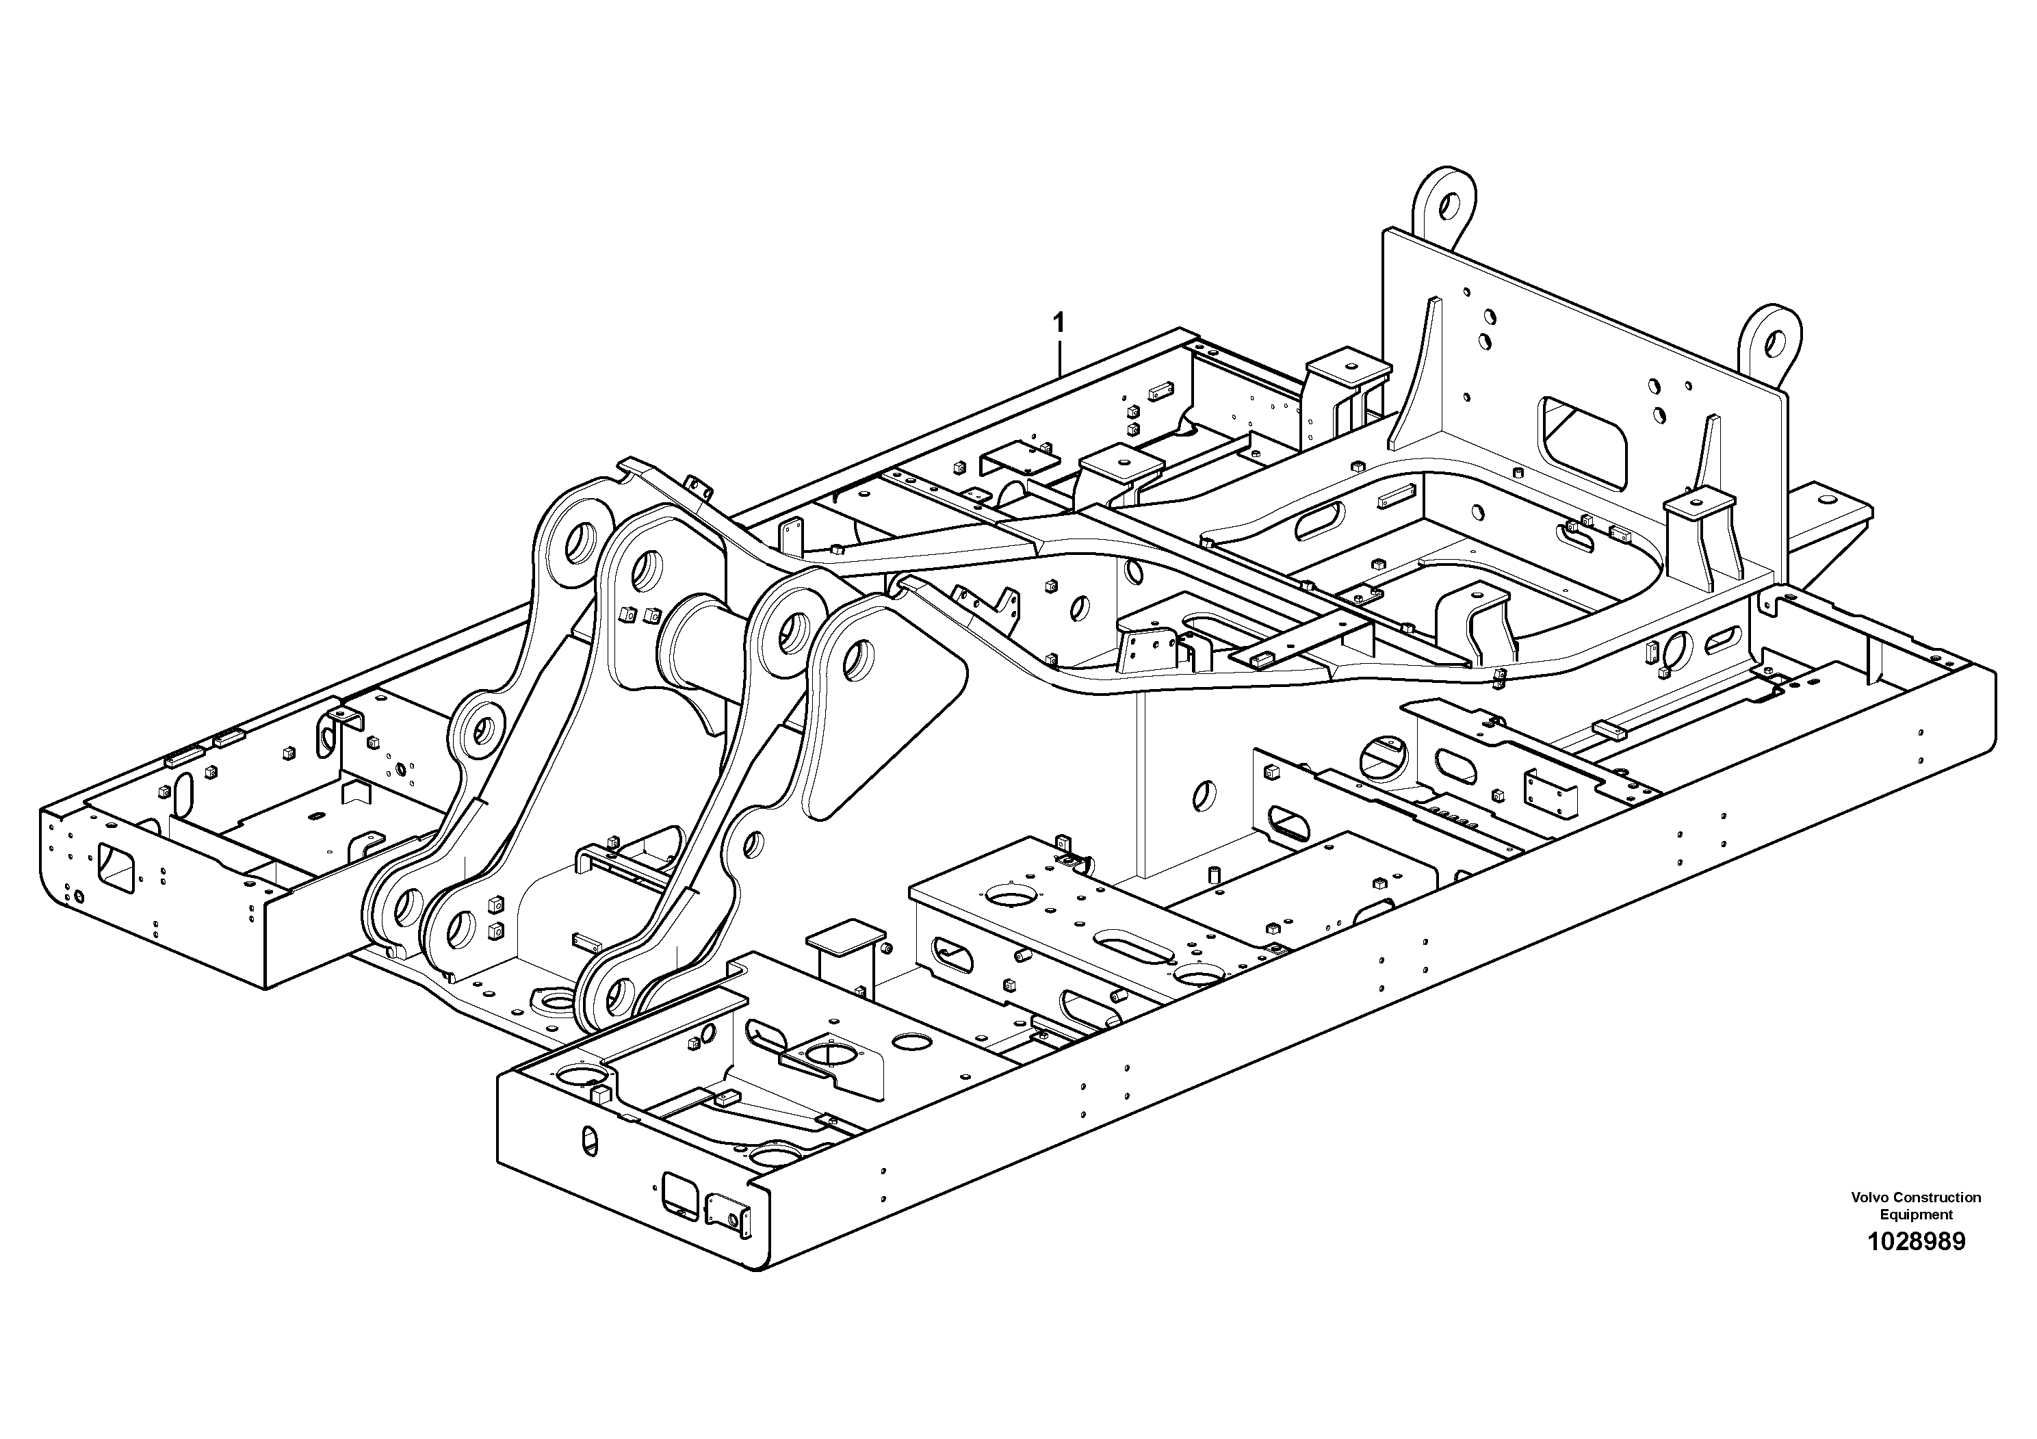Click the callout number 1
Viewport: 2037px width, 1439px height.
[1058, 322]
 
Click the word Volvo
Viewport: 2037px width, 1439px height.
[1869, 1197]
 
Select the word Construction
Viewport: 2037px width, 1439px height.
[1935, 1197]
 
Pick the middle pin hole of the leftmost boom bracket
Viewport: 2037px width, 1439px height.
[482, 729]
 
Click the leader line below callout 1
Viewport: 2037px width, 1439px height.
[1059, 356]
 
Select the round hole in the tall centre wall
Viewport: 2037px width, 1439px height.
[1204, 795]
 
